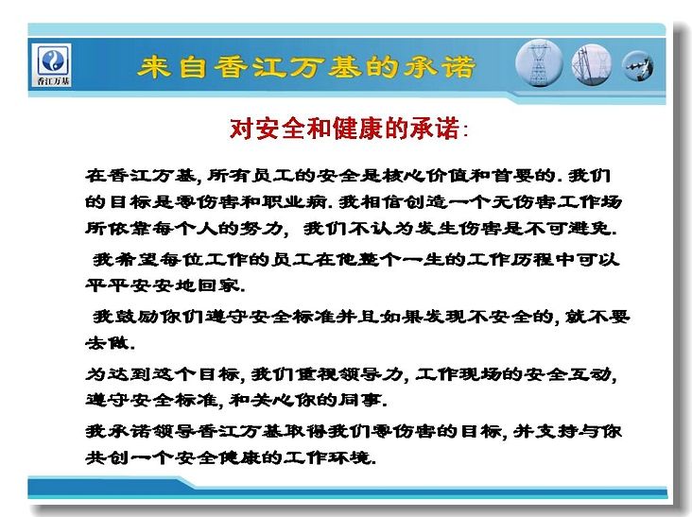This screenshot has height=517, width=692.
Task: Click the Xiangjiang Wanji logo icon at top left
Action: pyautogui.click(x=53, y=60)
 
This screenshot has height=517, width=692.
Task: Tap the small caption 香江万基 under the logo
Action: pyautogui.click(x=53, y=80)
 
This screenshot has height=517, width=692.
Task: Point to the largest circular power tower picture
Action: pyautogui.click(x=539, y=63)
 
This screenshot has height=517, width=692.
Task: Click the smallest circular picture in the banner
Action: pyautogui.click(x=637, y=66)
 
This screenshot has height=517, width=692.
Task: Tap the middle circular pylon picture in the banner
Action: pyautogui.click(x=592, y=64)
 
